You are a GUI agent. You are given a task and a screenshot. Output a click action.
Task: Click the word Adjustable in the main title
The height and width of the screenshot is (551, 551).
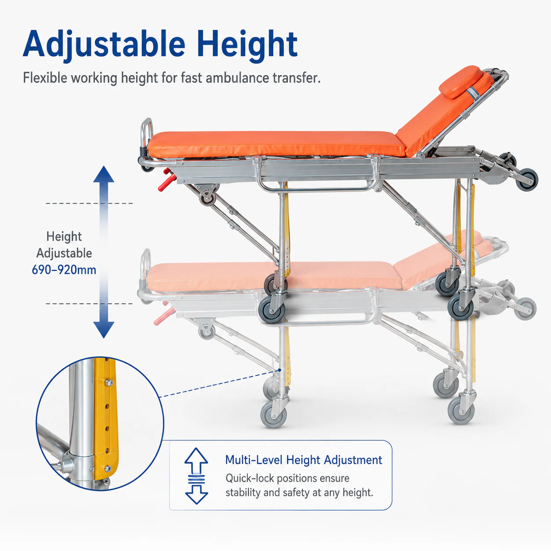[x=105, y=45]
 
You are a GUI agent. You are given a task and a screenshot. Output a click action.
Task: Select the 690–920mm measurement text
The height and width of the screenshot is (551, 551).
[x=64, y=270]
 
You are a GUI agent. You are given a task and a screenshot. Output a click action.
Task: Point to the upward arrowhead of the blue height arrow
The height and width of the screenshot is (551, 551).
[x=104, y=174]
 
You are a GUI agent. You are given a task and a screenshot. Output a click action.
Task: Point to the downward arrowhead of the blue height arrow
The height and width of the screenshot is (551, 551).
[x=104, y=330]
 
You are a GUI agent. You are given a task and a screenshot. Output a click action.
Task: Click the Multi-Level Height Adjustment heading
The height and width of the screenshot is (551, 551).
[x=304, y=460]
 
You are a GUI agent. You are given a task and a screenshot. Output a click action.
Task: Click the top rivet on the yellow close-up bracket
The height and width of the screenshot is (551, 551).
[x=108, y=382]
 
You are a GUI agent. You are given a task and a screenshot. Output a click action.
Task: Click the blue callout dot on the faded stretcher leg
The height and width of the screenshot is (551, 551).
[x=279, y=370]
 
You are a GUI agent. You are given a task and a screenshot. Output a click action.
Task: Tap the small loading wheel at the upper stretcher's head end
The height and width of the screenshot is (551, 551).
[x=528, y=180]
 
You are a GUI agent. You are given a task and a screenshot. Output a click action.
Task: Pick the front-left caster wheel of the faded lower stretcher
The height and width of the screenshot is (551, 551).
[x=273, y=414]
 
